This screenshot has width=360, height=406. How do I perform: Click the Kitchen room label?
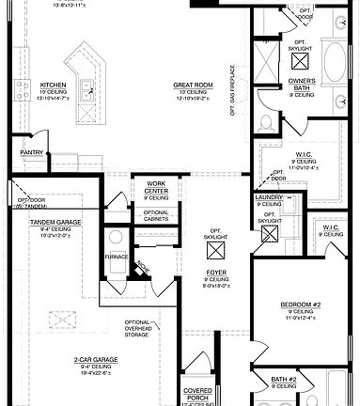[x=53, y=85]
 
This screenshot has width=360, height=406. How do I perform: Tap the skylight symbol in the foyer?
[x=216, y=250]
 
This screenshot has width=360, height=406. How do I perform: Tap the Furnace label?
[x=117, y=255]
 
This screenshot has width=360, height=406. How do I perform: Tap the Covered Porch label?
[x=198, y=392]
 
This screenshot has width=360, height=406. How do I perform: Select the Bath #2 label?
[x=284, y=380]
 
